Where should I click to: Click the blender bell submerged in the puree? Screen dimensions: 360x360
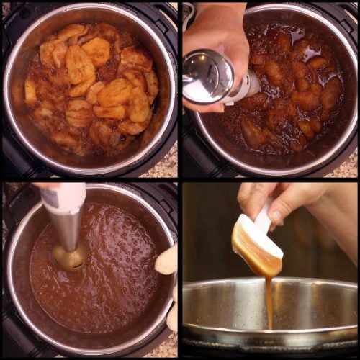coord(71,257)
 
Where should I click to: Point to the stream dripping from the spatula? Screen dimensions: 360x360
coord(269,302)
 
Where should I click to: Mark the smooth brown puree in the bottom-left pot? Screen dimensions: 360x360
coord(115,281)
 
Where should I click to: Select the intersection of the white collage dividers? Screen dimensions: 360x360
coord(180,180)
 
